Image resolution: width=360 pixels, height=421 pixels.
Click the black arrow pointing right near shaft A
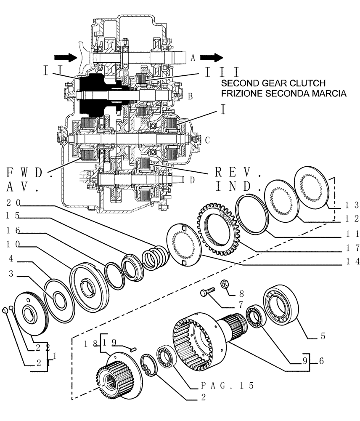pyautogui.click(x=212, y=57)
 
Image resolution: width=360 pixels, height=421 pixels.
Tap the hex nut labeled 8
pyautogui.click(x=225, y=285)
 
